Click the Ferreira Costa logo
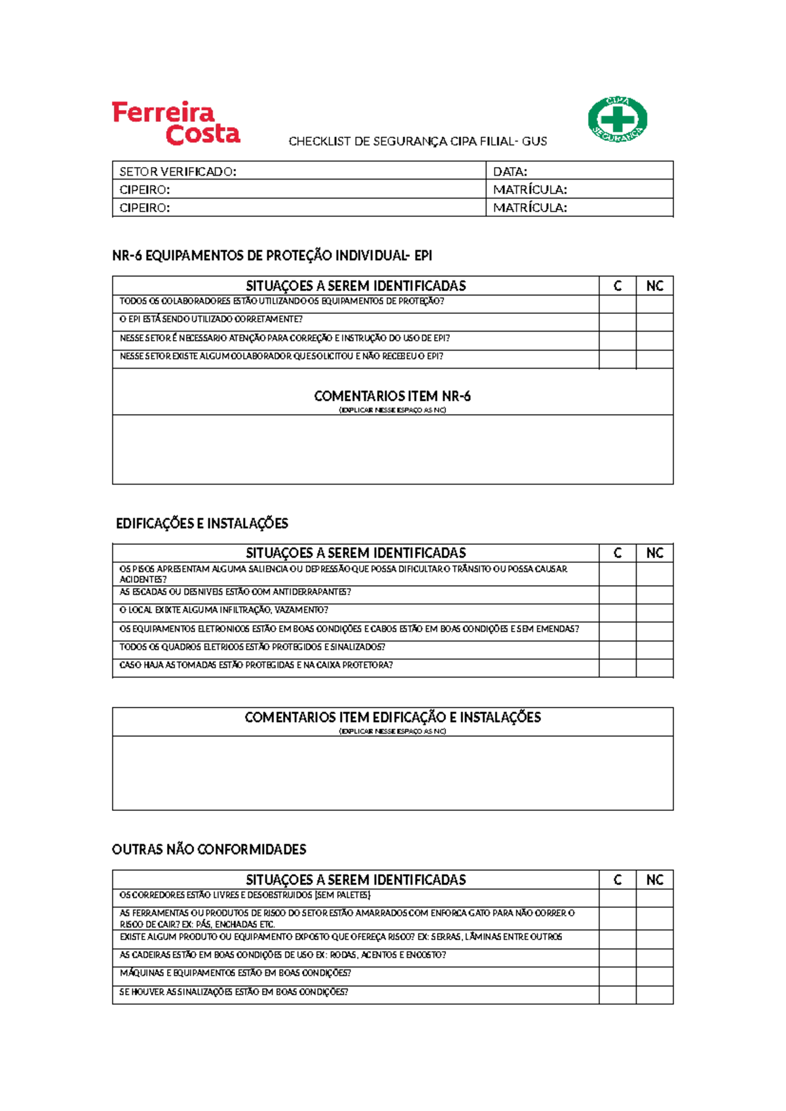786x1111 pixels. (x=176, y=123)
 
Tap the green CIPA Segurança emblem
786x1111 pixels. (x=617, y=119)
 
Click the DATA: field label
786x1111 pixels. (x=510, y=172)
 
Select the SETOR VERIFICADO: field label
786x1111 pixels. (x=178, y=172)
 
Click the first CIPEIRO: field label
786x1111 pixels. (x=144, y=190)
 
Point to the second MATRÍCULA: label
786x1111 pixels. (x=529, y=208)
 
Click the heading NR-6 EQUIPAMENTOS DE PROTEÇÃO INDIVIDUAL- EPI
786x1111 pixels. (x=272, y=255)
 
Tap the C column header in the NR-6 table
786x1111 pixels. (x=617, y=286)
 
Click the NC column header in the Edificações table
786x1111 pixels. (x=654, y=553)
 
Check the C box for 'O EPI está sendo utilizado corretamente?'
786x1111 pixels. (x=617, y=321)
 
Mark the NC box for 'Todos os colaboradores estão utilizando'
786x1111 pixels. (x=654, y=303)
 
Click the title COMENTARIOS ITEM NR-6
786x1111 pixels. (x=392, y=396)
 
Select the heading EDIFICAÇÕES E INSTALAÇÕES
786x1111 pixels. (x=202, y=523)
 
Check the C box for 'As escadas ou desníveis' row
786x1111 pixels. (x=617, y=594)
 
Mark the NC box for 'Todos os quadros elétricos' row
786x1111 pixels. (x=654, y=649)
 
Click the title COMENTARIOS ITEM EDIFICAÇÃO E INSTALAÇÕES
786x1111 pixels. (x=392, y=717)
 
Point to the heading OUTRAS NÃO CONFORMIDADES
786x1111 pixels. (x=209, y=850)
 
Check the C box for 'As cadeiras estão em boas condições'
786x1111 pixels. (x=617, y=957)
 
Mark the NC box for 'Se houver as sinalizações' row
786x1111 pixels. (x=654, y=994)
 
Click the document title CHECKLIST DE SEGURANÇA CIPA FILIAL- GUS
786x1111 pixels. (x=417, y=141)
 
